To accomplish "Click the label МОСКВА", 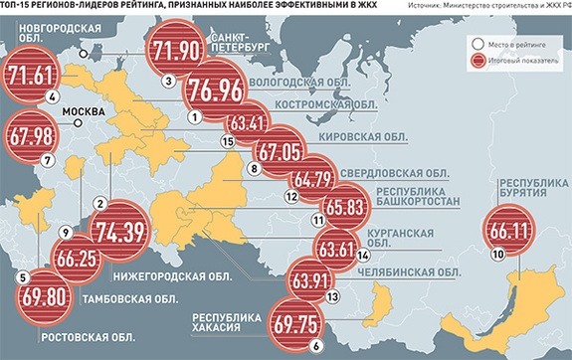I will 84,112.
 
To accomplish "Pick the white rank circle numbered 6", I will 315,346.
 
